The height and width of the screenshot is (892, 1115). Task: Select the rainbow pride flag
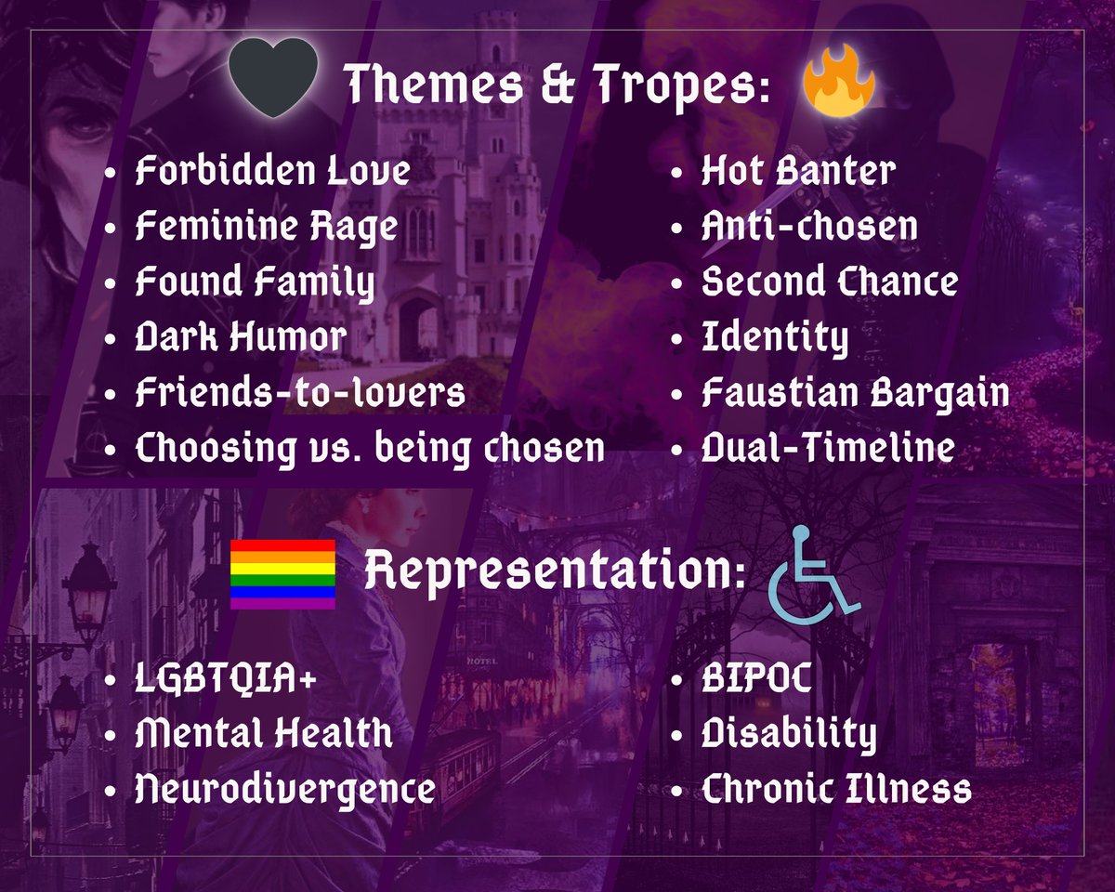click(x=282, y=573)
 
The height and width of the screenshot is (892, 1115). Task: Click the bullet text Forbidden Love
click(x=272, y=171)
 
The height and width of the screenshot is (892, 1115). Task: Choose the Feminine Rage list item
click(x=266, y=227)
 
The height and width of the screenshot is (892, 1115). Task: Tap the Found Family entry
click(x=255, y=282)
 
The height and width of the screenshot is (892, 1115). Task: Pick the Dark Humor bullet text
click(x=241, y=337)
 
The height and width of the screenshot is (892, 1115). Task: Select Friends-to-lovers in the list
click(x=299, y=393)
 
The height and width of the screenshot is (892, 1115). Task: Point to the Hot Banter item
click(x=798, y=171)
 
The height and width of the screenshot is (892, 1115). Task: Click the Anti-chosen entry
click(x=808, y=227)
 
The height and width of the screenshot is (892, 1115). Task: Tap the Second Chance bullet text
click(x=829, y=282)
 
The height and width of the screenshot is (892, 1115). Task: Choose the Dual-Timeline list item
click(x=827, y=449)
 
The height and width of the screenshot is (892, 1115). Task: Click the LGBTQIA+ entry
click(x=226, y=679)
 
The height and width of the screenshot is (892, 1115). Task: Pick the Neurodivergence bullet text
click(x=285, y=791)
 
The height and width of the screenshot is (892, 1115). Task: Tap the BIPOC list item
click(x=756, y=679)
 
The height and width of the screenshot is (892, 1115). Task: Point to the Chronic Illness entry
click(x=835, y=791)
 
